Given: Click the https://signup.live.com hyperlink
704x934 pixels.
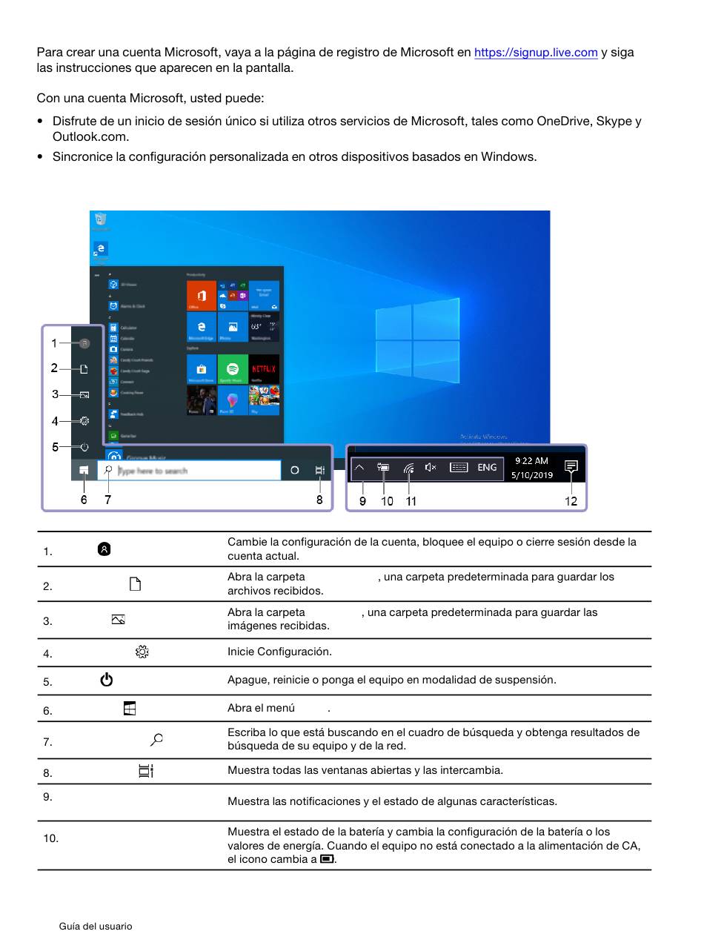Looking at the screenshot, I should pyautogui.click(x=536, y=53).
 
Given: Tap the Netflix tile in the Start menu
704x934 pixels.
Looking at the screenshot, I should pyautogui.click(x=264, y=369).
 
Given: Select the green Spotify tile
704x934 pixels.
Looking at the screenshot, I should pyautogui.click(x=233, y=369).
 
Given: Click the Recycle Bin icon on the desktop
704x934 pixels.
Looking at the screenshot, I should pyautogui.click(x=101, y=219).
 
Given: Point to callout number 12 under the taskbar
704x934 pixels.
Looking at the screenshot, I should pyautogui.click(x=571, y=501).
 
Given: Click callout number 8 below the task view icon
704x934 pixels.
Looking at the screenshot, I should pyautogui.click(x=319, y=500).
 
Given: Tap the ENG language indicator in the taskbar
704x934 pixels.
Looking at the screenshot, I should pyautogui.click(x=487, y=468).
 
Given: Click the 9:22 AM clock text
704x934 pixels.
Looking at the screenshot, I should pyautogui.click(x=531, y=461).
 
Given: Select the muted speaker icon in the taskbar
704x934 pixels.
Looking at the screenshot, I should pyautogui.click(x=431, y=468).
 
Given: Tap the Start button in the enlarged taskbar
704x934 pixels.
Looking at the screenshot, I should pyautogui.click(x=84, y=471).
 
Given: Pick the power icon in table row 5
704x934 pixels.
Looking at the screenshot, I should pyautogui.click(x=107, y=680).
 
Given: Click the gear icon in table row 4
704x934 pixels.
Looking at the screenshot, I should pyautogui.click(x=142, y=652).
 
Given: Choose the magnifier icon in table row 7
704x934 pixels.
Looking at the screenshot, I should pyautogui.click(x=156, y=739).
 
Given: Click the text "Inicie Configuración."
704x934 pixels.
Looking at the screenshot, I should pyautogui.click(x=279, y=652).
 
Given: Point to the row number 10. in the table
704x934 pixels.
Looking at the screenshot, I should pyautogui.click(x=50, y=838).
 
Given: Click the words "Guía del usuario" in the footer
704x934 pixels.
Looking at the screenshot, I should pyautogui.click(x=96, y=926).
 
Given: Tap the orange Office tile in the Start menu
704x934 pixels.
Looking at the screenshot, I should pyautogui.click(x=202, y=296).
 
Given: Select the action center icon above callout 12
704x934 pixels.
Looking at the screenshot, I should pyautogui.click(x=571, y=467).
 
